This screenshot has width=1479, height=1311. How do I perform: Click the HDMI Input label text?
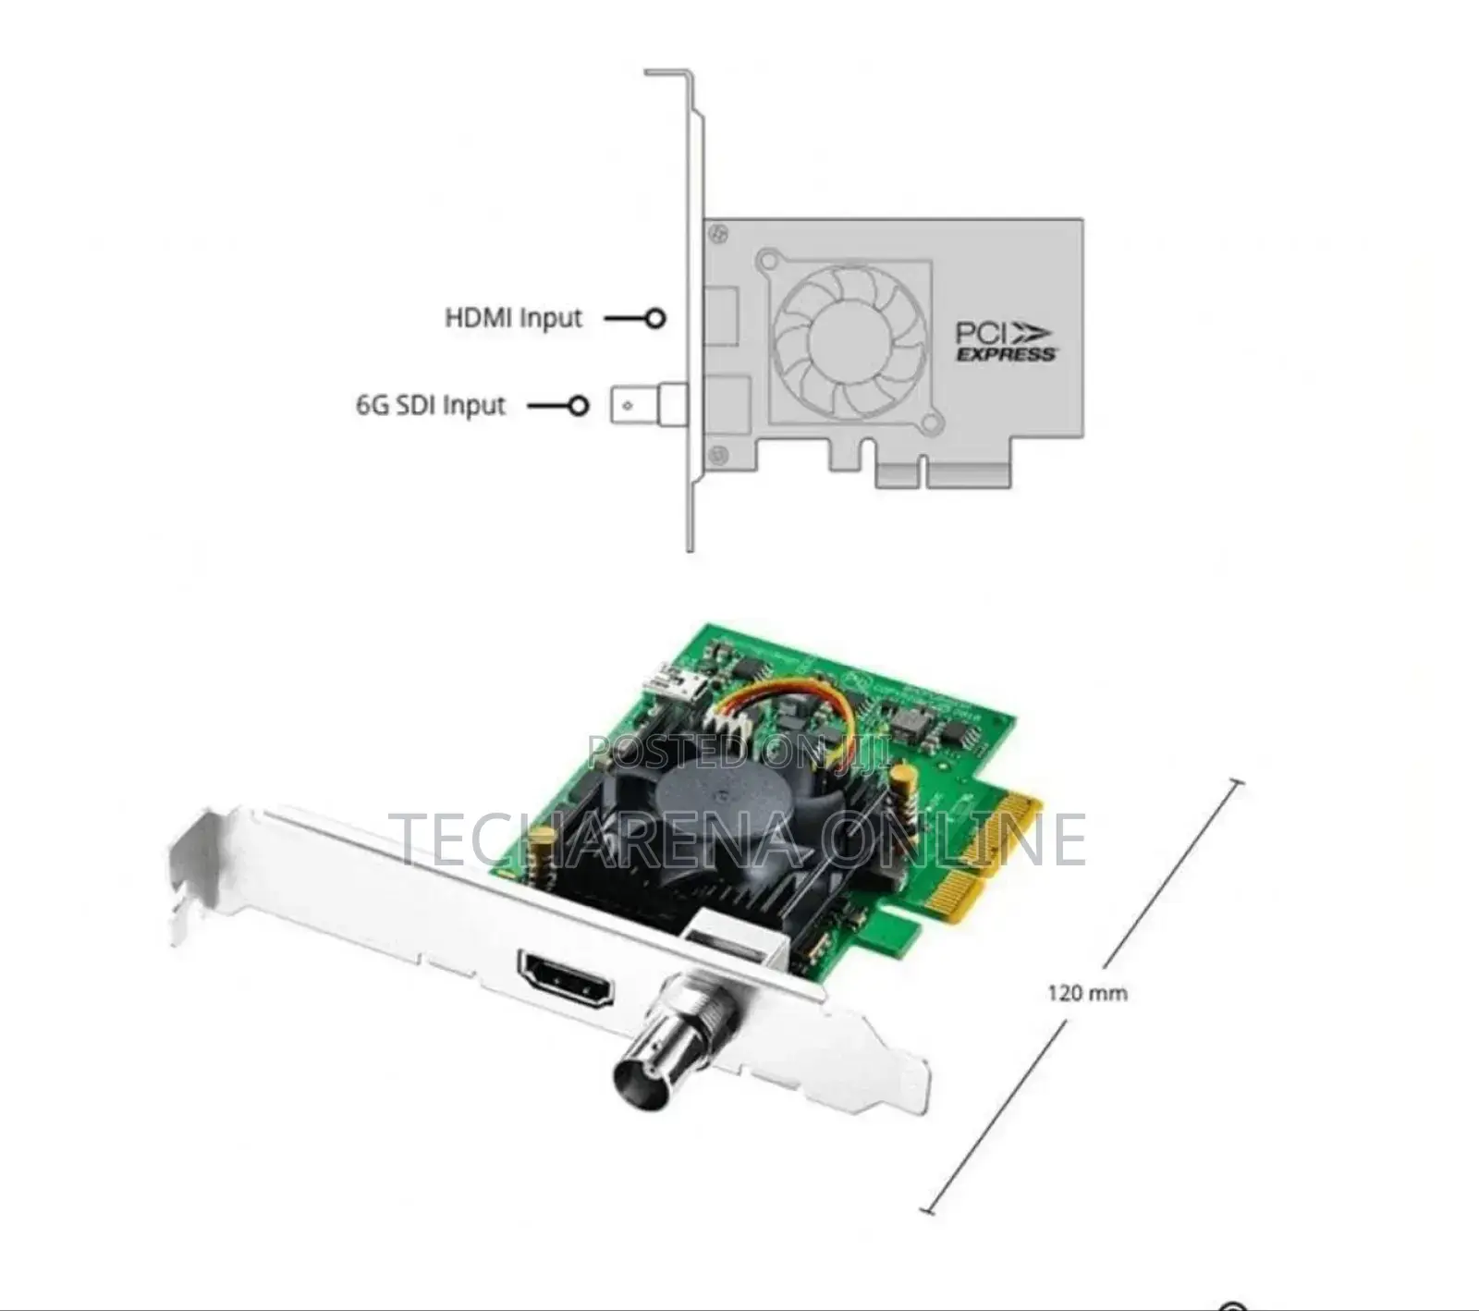point(514,318)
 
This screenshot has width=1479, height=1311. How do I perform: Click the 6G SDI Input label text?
point(431,405)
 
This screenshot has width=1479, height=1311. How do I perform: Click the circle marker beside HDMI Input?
point(655,318)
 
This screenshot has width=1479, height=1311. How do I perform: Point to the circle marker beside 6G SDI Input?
point(579,405)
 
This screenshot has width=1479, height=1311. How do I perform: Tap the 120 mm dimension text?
point(1087,993)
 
